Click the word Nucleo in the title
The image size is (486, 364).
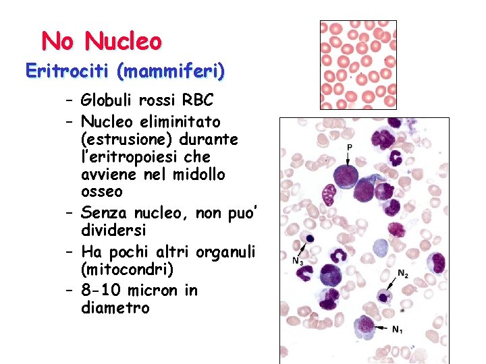point(123,42)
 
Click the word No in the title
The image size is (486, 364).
point(57,42)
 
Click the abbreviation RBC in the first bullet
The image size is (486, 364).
point(198,101)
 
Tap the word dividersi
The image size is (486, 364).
point(109,231)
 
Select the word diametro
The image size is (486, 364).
point(115,308)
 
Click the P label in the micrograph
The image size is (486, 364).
point(349,147)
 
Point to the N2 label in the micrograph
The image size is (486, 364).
point(402,274)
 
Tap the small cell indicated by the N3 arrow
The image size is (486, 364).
point(310,238)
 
